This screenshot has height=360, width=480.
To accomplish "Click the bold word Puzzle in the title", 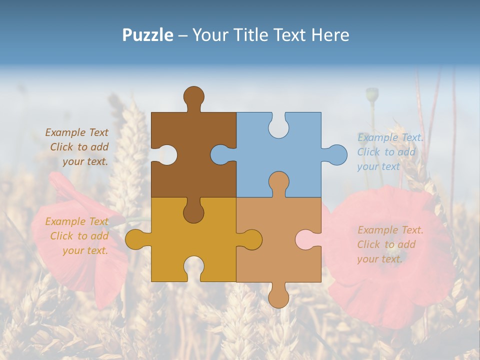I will pos(147,35).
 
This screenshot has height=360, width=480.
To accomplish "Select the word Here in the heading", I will pos(329,35).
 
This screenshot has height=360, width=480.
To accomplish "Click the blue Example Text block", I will pos(390,152).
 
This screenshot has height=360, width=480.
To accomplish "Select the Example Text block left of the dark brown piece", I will pos(77,147).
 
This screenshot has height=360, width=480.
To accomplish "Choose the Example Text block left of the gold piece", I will pos(77,236).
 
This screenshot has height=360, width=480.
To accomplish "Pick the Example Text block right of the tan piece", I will pos(390,244).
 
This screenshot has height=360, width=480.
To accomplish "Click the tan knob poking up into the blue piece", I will pos(278,182).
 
